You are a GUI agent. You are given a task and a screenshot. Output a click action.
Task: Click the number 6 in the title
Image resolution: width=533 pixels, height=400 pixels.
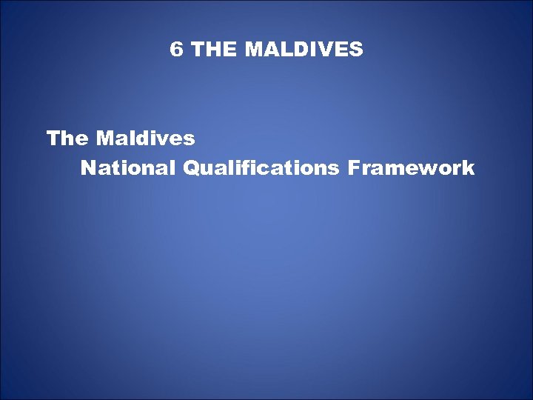pos(176,50)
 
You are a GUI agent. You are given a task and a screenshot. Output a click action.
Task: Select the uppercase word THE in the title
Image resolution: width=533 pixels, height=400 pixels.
pos(215,50)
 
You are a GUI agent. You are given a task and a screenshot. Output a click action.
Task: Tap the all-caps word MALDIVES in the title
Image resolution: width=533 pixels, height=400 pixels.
pos(304,50)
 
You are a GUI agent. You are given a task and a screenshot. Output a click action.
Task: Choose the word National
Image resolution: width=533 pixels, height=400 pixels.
pos(127,169)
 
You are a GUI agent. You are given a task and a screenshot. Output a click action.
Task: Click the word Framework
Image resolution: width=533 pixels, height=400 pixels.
pos(410,169)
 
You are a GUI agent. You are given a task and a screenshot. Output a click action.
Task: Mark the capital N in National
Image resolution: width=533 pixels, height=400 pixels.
pos(89,169)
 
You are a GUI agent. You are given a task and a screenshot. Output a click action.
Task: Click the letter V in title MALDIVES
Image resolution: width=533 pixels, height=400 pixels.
pos(326,50)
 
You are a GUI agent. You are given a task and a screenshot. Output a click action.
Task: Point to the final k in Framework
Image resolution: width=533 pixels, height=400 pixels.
pos(468,169)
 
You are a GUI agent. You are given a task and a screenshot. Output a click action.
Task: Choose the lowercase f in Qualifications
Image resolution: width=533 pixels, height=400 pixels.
pos(248,169)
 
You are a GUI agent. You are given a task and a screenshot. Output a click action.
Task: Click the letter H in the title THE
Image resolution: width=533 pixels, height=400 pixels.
pos(214,50)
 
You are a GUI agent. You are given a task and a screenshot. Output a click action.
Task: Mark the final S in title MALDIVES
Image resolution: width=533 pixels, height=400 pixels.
pos(356,50)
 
